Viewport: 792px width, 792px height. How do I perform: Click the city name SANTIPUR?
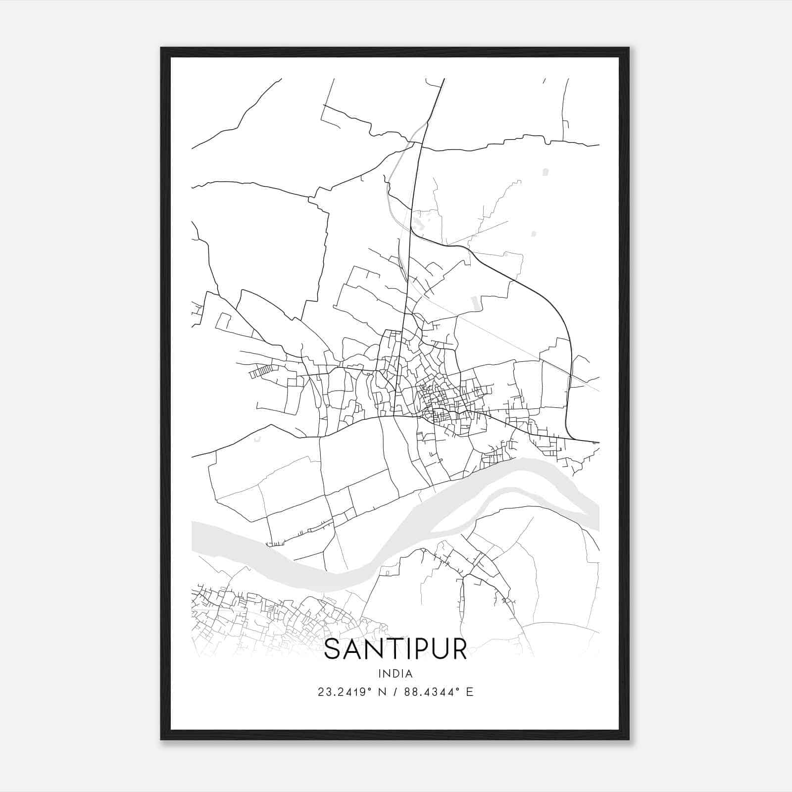click(396, 649)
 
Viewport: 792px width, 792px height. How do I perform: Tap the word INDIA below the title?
click(396, 673)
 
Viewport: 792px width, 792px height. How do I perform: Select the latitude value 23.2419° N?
click(351, 692)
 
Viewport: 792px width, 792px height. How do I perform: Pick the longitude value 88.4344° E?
click(439, 692)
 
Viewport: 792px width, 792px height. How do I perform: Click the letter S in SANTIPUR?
click(333, 649)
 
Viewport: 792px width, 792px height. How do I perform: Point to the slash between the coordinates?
click(395, 692)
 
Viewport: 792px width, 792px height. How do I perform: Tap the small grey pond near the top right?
click(545, 172)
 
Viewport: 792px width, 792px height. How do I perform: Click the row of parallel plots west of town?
click(261, 371)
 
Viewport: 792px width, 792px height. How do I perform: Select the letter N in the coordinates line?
click(381, 692)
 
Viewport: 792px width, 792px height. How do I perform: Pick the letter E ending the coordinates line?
click(470, 692)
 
